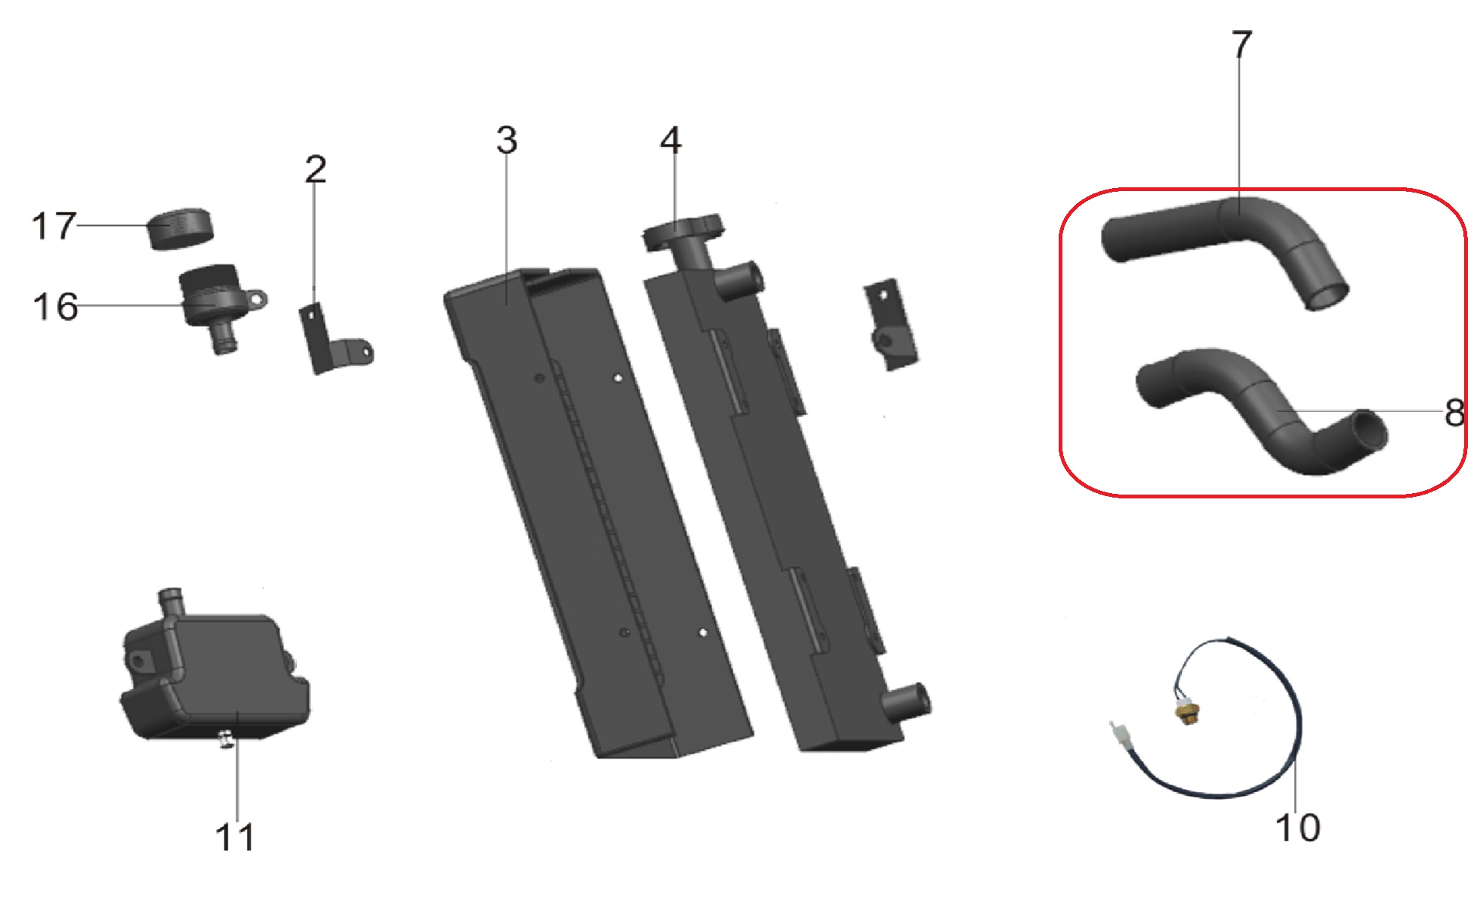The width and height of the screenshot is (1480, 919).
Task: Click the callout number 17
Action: click(x=54, y=226)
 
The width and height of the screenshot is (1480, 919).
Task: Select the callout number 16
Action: click(x=55, y=307)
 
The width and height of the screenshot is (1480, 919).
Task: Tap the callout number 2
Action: click(x=316, y=169)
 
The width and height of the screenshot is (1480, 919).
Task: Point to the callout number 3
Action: click(x=507, y=140)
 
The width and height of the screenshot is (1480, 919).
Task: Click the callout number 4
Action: click(x=671, y=140)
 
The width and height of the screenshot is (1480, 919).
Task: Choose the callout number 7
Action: click(x=1242, y=45)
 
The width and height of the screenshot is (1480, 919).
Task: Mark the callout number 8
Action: click(x=1454, y=413)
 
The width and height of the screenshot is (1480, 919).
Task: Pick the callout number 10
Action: click(x=1298, y=828)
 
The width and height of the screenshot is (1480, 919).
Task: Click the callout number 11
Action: click(x=235, y=837)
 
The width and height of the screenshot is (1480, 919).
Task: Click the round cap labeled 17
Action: click(x=180, y=229)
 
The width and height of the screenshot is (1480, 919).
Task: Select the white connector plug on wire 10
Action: click(x=1118, y=734)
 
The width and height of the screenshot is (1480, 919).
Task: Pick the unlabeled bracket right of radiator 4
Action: click(x=891, y=325)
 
